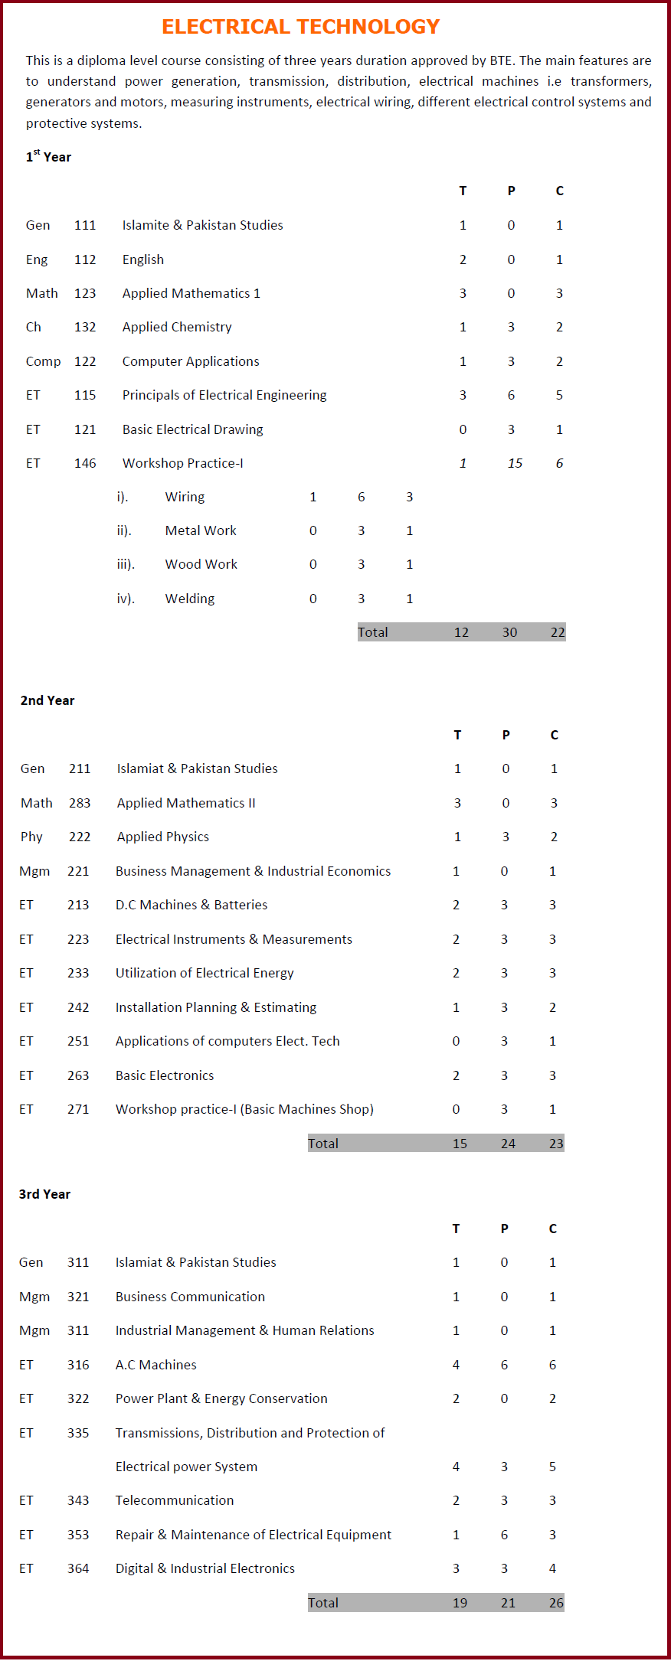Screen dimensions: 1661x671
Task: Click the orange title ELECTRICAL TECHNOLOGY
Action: [300, 27]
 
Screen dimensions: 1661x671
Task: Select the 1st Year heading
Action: [48, 156]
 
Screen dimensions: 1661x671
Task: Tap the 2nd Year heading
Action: [47, 700]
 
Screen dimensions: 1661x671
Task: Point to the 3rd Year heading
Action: [44, 1194]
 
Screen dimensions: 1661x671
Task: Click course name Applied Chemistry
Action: [177, 327]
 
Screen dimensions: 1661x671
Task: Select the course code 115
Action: [85, 395]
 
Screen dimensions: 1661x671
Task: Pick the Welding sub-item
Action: [190, 599]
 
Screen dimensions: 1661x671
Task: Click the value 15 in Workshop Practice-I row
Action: [515, 463]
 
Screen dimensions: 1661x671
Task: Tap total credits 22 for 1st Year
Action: [558, 632]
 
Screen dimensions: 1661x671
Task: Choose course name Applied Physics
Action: [163, 837]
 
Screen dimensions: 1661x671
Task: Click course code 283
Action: [80, 803]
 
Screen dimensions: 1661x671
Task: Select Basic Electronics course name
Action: [165, 1075]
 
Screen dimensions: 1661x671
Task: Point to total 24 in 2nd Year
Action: [508, 1144]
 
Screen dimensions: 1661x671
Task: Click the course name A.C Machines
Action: [156, 1365]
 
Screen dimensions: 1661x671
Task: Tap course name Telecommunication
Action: [175, 1500]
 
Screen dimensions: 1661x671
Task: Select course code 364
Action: [78, 1568]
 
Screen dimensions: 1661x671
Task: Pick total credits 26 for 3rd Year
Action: [556, 1603]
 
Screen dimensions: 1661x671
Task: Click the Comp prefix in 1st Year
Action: [43, 361]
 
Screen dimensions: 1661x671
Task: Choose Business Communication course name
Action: [190, 1297]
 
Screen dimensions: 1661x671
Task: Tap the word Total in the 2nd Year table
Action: [323, 1144]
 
